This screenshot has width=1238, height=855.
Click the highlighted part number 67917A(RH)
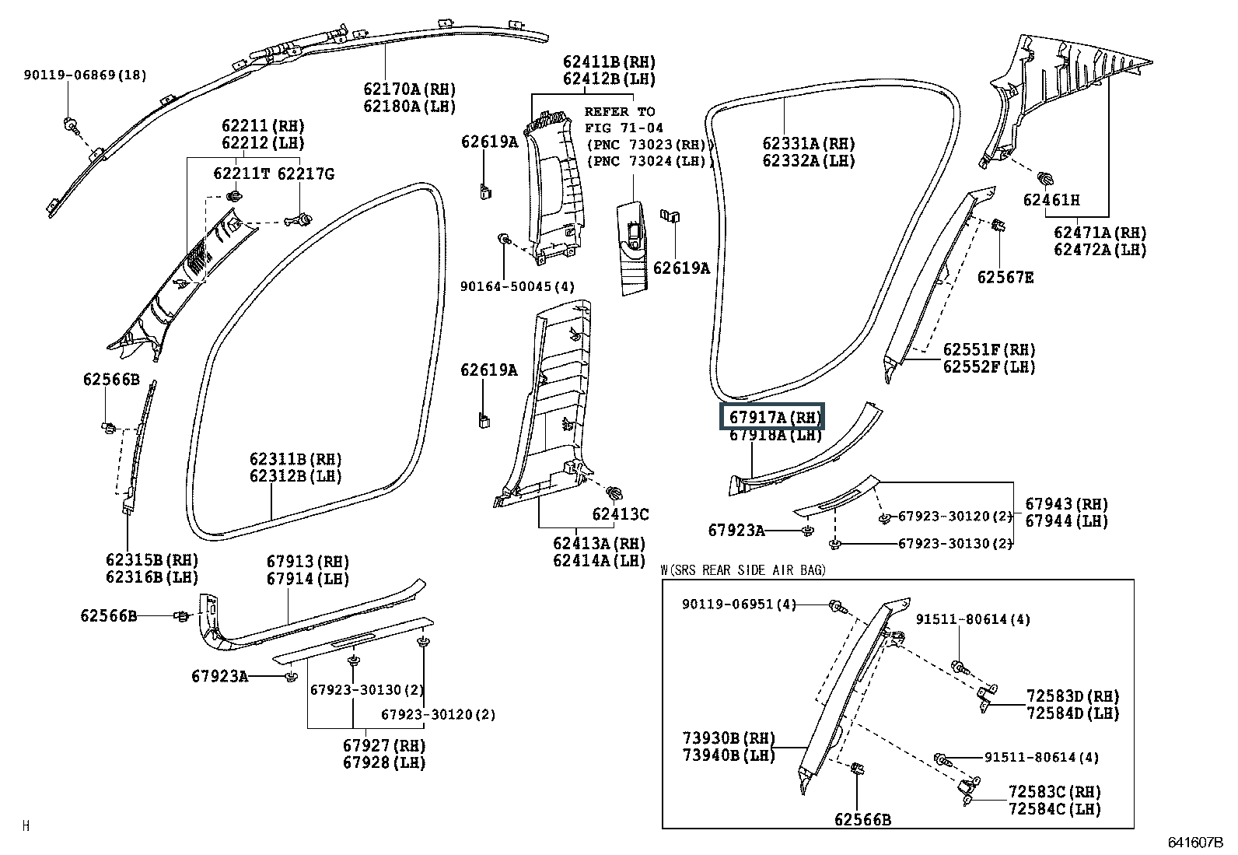pos(775,417)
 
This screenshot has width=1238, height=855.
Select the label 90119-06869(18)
pos(85,75)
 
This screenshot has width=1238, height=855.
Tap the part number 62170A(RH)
pos(409,89)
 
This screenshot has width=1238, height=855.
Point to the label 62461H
pos(1051,200)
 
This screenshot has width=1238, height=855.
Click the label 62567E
pos(1005,277)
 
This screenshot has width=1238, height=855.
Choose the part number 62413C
pos(620,513)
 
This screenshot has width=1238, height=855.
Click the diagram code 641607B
pos(1195,843)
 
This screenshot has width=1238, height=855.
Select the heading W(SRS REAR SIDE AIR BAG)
pos(743,570)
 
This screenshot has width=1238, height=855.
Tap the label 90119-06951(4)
pos(740,604)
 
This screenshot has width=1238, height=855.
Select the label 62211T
pos(241,173)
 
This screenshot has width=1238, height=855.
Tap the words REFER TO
pos(620,111)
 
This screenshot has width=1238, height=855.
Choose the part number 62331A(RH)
pos(808,144)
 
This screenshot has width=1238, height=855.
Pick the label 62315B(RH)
pos(152,560)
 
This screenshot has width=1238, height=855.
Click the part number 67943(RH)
pos(1066,504)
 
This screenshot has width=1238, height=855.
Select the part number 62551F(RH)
pos(989,350)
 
